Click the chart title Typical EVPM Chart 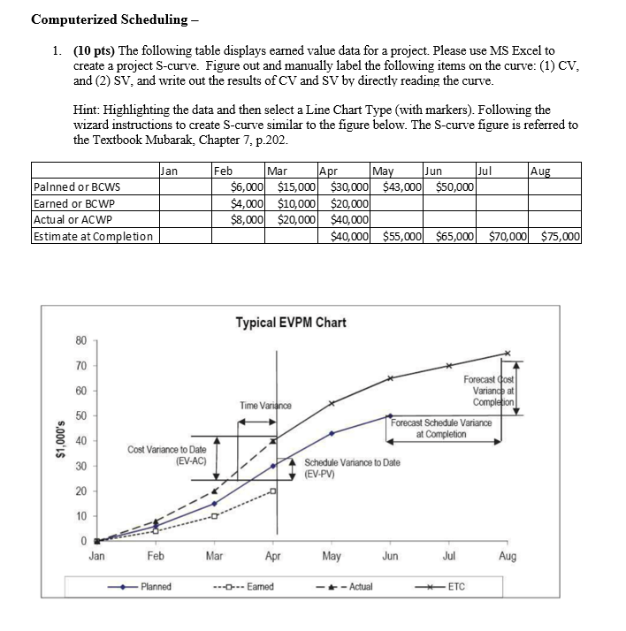290,323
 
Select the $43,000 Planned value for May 403,187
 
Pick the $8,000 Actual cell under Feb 246,220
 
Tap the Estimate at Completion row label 92,236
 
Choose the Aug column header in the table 539,171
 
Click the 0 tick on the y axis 81,541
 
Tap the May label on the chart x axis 332,557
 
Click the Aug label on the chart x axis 508,557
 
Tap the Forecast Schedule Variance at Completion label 441,428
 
